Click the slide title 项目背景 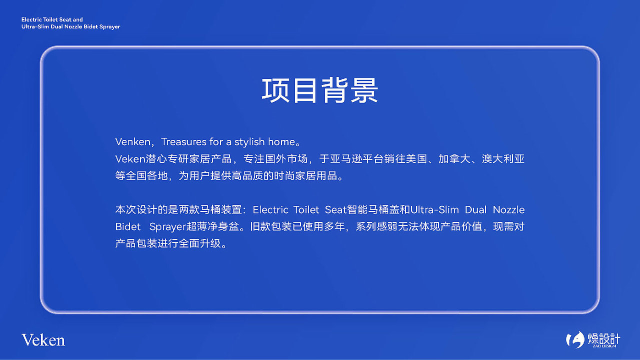[320, 90]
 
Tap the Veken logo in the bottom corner [43, 340]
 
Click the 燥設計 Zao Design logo [592, 340]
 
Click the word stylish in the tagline [249, 142]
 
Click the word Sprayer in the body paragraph [167, 226]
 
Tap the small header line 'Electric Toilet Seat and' [52, 19]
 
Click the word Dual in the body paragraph [475, 209]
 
